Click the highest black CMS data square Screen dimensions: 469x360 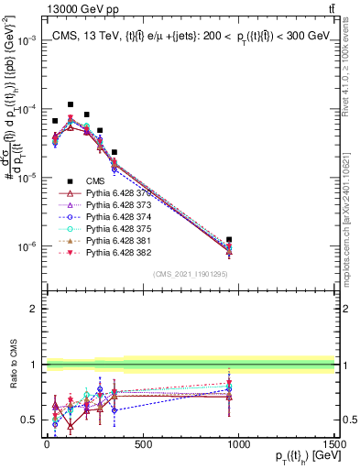point(71,104)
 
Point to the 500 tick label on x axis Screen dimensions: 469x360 point(142,445)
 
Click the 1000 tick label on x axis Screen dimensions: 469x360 point(238,445)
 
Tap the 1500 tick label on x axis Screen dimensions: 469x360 point(333,445)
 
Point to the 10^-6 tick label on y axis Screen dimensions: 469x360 point(27,246)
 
